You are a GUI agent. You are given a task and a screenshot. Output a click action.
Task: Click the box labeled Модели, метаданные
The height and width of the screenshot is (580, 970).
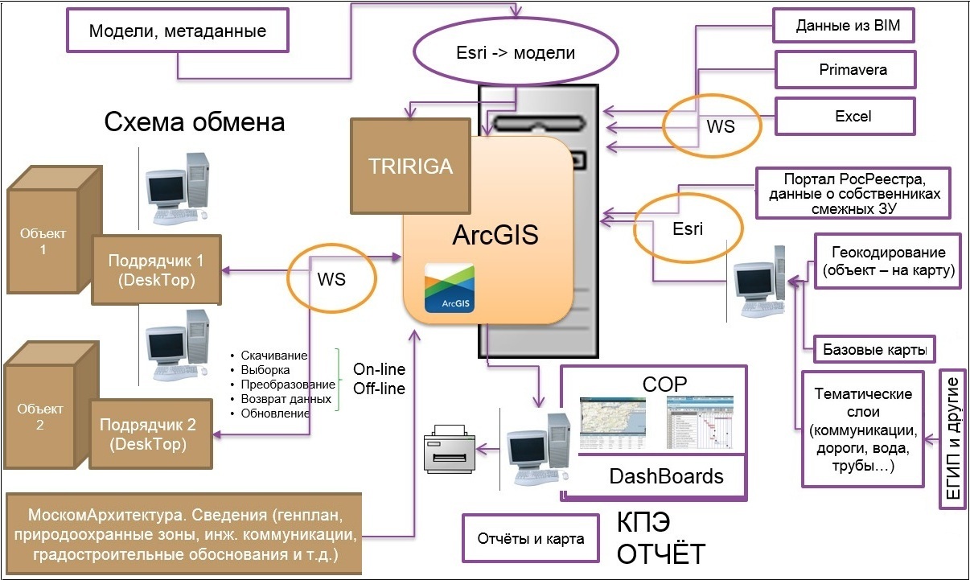178,32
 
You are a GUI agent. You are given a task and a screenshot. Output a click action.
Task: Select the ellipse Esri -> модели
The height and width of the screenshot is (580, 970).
516,54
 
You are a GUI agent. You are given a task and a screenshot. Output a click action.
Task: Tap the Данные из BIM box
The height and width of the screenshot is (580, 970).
842,26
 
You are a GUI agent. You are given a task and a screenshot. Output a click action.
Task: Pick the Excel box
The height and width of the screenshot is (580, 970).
845,116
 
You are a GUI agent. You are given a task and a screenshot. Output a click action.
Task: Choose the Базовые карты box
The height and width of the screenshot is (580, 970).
874,350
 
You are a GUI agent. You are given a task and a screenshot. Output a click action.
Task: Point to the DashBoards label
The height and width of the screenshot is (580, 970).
666,476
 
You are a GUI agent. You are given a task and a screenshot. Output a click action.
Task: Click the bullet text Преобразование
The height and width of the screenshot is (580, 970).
287,385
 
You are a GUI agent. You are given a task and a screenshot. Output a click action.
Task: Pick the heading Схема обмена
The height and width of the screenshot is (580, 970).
195,122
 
